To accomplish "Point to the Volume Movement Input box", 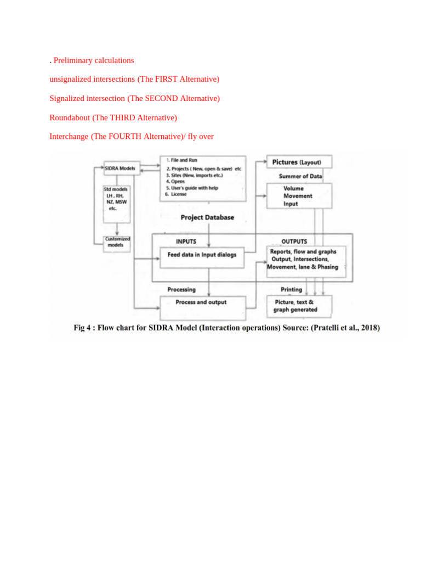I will coord(299,196).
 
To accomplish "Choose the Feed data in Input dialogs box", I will coord(202,255).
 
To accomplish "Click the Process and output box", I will coord(201,302).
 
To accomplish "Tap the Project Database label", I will coord(207,217).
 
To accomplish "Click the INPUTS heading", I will coord(186,241).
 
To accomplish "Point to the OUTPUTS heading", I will coord(294,241).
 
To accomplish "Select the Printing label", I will coord(291,289).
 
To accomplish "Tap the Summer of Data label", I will coord(300,177).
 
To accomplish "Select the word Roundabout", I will coord(70,117).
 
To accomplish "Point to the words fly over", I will coord(201,136).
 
